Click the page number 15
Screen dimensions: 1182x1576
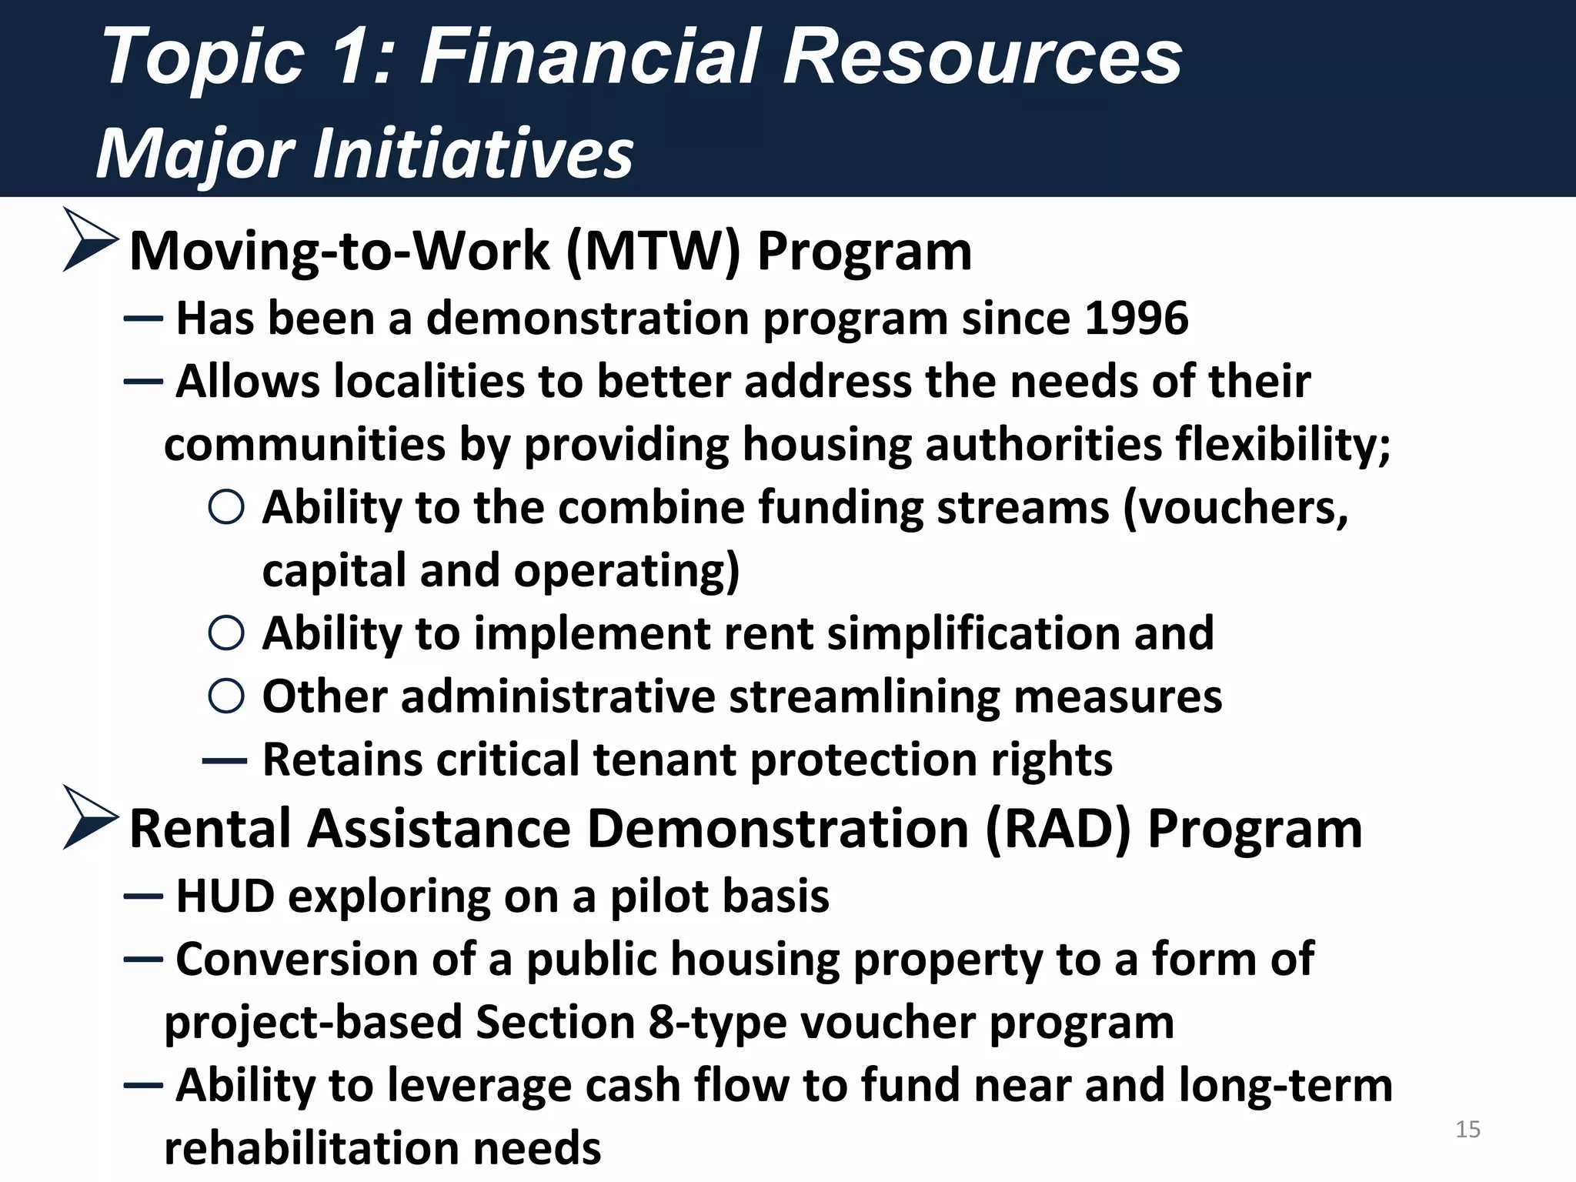pyautogui.click(x=1467, y=1129)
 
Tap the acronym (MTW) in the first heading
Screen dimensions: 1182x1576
pyautogui.click(x=653, y=252)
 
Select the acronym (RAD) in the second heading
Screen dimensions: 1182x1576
pyautogui.click(x=1058, y=830)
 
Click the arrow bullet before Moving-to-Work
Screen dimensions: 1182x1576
pyautogui.click(x=90, y=239)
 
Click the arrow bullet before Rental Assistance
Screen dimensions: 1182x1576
pyautogui.click(x=90, y=817)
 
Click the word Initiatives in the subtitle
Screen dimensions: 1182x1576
pyautogui.click(x=472, y=153)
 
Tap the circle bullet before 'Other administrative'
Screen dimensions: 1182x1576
pyautogui.click(x=226, y=696)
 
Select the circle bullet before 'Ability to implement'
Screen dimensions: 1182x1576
pyautogui.click(x=226, y=633)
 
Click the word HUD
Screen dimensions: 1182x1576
pyautogui.click(x=225, y=897)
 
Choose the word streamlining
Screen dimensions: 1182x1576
pyautogui.click(x=864, y=696)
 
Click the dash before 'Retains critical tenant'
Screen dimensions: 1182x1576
pyautogui.click(x=224, y=761)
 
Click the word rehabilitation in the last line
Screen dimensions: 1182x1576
pyautogui.click(x=311, y=1148)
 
